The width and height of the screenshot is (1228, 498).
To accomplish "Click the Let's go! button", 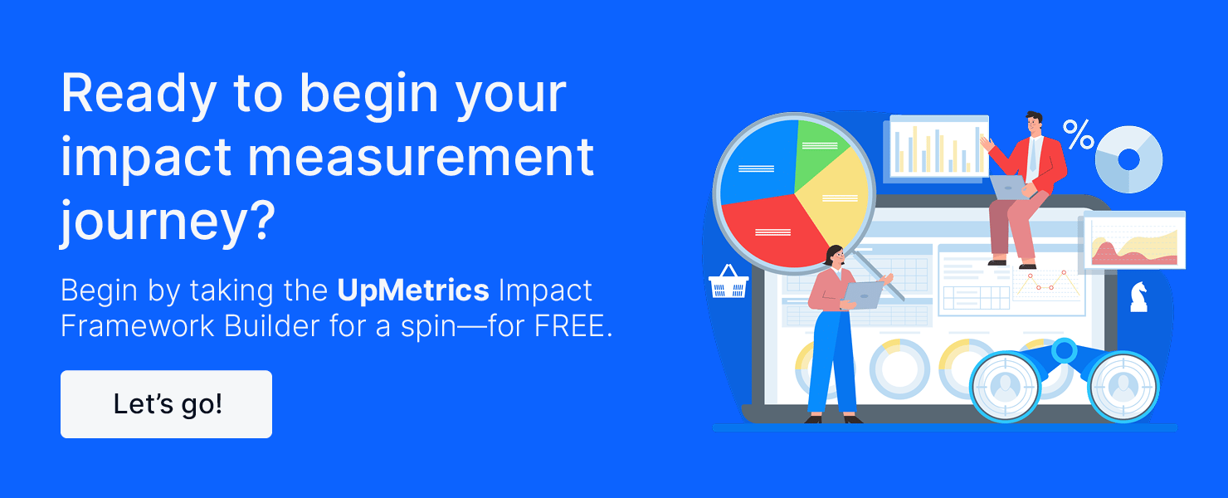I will point(166,404).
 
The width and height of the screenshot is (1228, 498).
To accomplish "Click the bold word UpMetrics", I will point(412,290).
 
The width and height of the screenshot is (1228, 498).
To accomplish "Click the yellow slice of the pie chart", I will point(834,203).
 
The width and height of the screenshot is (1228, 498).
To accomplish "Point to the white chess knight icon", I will point(1139,296).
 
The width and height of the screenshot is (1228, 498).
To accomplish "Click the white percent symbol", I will point(1079,134).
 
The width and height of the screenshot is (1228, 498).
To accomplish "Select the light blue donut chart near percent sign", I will point(1128,159).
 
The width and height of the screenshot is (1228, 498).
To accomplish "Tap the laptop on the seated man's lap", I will point(1008,187).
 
